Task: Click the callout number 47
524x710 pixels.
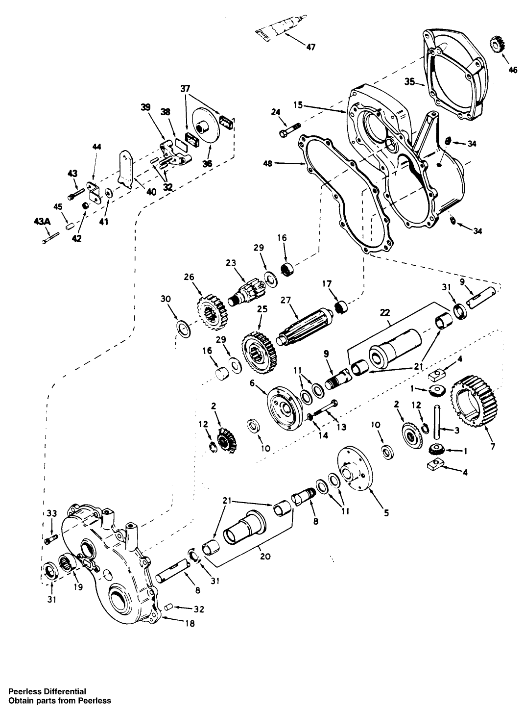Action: (x=310, y=47)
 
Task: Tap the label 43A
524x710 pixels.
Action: (x=43, y=221)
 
